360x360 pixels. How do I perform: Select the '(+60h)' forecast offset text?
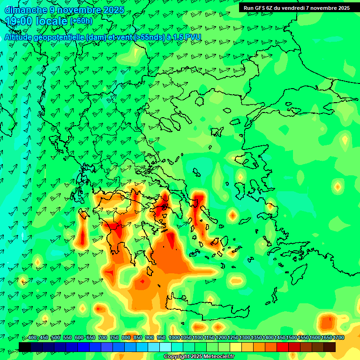click(81, 21)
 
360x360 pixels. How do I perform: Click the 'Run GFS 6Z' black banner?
click(297, 8)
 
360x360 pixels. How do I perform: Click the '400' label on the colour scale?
click(32, 338)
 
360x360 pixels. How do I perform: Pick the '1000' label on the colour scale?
click(174, 338)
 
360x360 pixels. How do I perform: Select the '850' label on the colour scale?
click(138, 338)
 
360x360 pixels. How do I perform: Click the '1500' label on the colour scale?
click(292, 338)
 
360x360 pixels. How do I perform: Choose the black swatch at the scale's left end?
click(25, 347)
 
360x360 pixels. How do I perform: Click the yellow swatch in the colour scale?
click(236, 347)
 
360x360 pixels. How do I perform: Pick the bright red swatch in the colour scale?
click(283, 347)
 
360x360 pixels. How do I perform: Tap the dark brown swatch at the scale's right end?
click(330, 347)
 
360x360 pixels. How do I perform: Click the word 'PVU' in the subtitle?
click(193, 37)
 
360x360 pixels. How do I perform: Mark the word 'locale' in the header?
click(51, 21)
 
